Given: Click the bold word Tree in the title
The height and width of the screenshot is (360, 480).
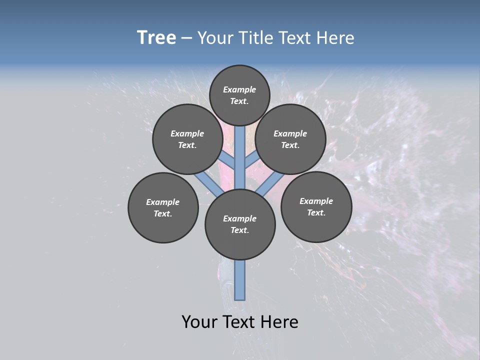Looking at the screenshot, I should pos(156,38).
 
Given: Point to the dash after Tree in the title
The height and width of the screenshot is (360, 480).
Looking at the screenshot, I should pos(186,38).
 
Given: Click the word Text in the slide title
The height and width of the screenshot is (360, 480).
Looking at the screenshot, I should pos(295,38).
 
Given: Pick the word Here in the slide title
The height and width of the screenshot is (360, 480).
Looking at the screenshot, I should pos(335,38).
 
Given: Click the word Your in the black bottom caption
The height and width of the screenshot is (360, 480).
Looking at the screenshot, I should pos(198,322).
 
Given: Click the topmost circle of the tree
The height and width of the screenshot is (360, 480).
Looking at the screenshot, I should pos(239,80).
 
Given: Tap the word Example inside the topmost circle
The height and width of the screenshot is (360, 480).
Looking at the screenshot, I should pos(239,89).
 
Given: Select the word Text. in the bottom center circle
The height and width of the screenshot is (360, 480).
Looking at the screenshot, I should pos(239,230).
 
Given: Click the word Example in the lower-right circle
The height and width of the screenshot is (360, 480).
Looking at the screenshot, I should pos(316,201).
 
